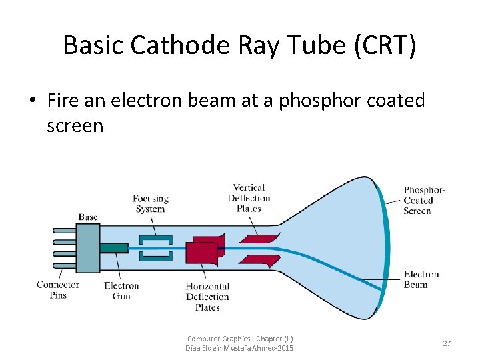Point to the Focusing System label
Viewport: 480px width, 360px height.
click(x=150, y=203)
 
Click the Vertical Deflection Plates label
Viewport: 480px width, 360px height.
click(x=249, y=197)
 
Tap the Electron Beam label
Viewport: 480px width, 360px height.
click(x=421, y=279)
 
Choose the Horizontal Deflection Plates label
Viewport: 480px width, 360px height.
click(x=207, y=297)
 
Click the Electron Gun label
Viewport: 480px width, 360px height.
click(x=121, y=291)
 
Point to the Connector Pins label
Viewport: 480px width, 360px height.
click(x=58, y=290)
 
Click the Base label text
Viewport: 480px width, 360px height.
click(x=88, y=217)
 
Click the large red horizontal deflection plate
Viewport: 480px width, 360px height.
click(x=201, y=251)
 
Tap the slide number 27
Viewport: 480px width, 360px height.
click(x=447, y=343)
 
